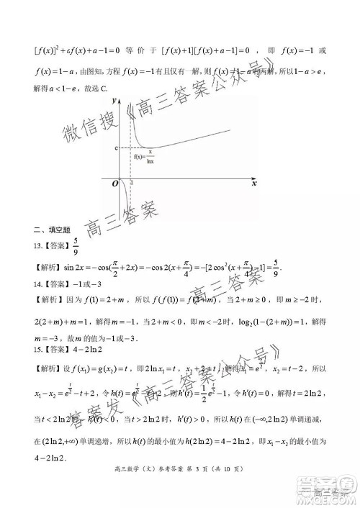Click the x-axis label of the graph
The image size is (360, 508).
pyautogui.click(x=254, y=183)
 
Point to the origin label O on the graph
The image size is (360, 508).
pyautogui.click(x=114, y=185)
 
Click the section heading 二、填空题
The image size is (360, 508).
pyautogui.click(x=51, y=230)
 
